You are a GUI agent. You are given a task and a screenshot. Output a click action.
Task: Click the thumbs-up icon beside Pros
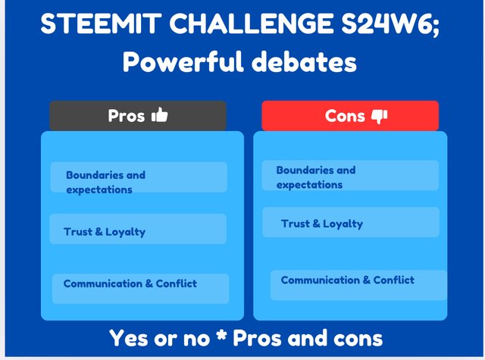[x=160, y=115]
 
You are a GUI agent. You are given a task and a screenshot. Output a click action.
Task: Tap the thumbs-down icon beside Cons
[x=380, y=116]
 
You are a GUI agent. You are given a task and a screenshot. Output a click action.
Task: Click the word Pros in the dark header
[x=127, y=116]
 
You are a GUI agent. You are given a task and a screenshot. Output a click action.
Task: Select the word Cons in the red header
[x=345, y=116]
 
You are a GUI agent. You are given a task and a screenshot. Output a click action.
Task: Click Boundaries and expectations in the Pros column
[x=105, y=182]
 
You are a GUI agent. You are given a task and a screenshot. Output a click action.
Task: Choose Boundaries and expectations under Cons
[x=315, y=177]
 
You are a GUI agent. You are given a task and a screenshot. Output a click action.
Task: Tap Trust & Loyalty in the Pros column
[x=105, y=231]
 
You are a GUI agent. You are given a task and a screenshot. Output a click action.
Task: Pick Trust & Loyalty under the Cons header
[x=321, y=224]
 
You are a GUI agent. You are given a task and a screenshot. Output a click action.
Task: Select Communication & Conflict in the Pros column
[x=130, y=283]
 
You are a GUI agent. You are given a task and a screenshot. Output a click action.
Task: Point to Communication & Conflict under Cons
[x=347, y=280]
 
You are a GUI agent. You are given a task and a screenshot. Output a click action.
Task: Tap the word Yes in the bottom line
[x=131, y=338]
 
